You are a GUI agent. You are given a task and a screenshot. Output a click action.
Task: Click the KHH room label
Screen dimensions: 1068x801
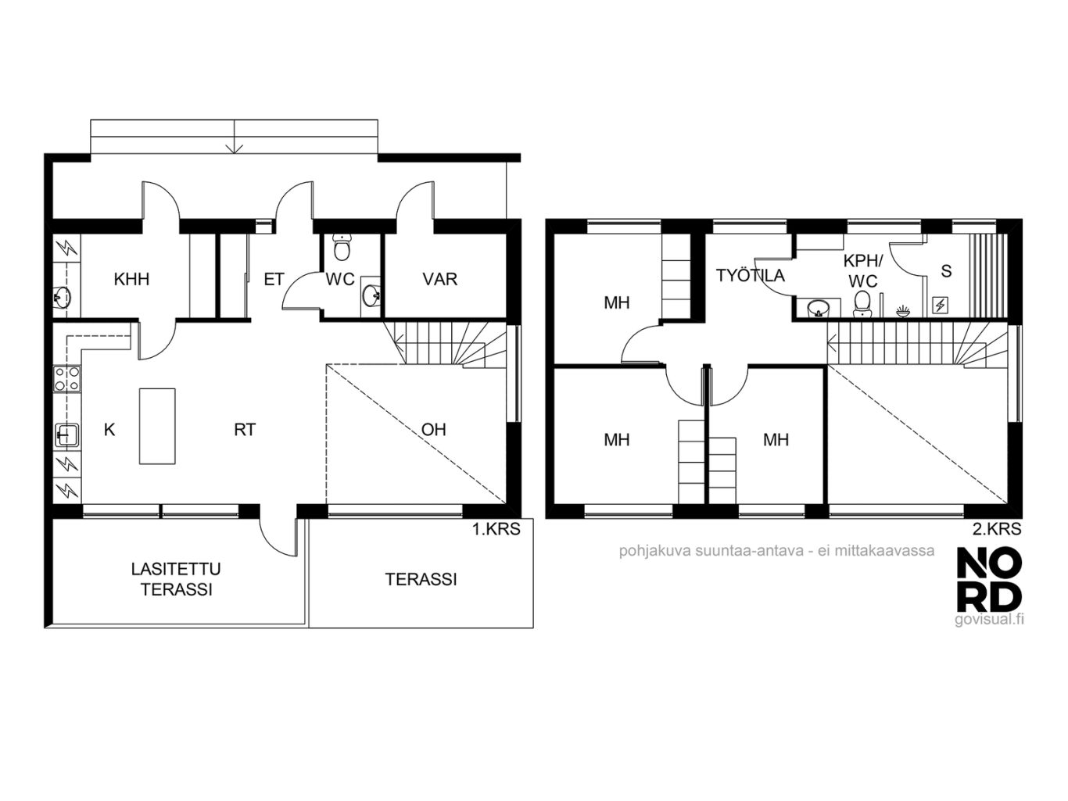point(131,279)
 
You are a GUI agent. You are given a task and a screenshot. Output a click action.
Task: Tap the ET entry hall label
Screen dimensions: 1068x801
point(274,279)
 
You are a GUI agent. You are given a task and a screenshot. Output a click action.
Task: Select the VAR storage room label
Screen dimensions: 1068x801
point(440,279)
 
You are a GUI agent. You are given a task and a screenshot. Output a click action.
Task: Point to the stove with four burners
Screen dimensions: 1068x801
point(67,379)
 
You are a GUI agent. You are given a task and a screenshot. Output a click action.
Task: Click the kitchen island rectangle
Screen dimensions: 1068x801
point(157,426)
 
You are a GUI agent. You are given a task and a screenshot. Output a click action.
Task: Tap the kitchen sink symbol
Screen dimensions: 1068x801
point(67,434)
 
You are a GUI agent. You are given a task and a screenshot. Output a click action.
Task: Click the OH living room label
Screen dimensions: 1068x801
point(433,430)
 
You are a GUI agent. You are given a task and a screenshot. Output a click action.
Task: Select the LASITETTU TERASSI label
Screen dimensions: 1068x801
point(176,579)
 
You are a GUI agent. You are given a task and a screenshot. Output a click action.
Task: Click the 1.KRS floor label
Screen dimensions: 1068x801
point(496,529)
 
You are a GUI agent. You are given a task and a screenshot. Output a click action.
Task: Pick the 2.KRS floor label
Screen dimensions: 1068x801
point(997,529)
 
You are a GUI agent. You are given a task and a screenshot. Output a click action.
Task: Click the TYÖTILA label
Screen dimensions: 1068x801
point(751,275)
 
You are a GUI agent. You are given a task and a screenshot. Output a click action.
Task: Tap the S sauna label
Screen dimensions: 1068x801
point(946,271)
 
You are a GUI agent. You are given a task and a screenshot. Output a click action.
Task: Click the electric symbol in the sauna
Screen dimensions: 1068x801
point(941,305)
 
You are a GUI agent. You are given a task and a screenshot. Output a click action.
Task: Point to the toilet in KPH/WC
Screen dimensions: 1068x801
point(862,303)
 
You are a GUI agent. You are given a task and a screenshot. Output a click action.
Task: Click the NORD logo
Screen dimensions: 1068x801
point(989,579)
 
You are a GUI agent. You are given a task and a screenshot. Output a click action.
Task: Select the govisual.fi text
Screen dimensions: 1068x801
point(989,619)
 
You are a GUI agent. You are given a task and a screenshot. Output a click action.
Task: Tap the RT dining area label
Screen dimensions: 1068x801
point(245,430)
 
